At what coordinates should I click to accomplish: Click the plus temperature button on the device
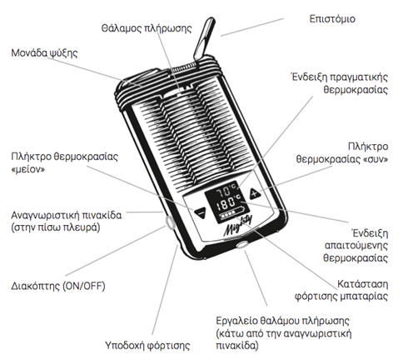(255, 193)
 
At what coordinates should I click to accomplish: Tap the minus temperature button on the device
(201, 213)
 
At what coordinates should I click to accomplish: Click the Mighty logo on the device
(238, 226)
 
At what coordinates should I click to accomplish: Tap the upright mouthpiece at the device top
(205, 40)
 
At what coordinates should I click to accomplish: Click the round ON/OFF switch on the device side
(170, 222)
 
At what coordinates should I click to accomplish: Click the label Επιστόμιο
(332, 19)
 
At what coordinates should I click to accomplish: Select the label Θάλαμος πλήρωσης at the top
(147, 28)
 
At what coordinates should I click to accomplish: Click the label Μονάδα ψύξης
(44, 52)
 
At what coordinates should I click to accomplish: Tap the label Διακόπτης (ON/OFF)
(58, 286)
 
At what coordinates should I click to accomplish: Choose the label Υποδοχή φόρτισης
(147, 346)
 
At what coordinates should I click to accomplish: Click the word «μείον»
(28, 169)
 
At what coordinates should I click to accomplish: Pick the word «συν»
(376, 159)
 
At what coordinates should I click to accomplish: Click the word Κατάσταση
(362, 284)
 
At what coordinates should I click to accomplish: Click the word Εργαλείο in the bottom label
(236, 321)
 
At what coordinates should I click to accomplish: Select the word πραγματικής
(359, 77)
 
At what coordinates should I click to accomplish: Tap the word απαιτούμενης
(356, 246)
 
